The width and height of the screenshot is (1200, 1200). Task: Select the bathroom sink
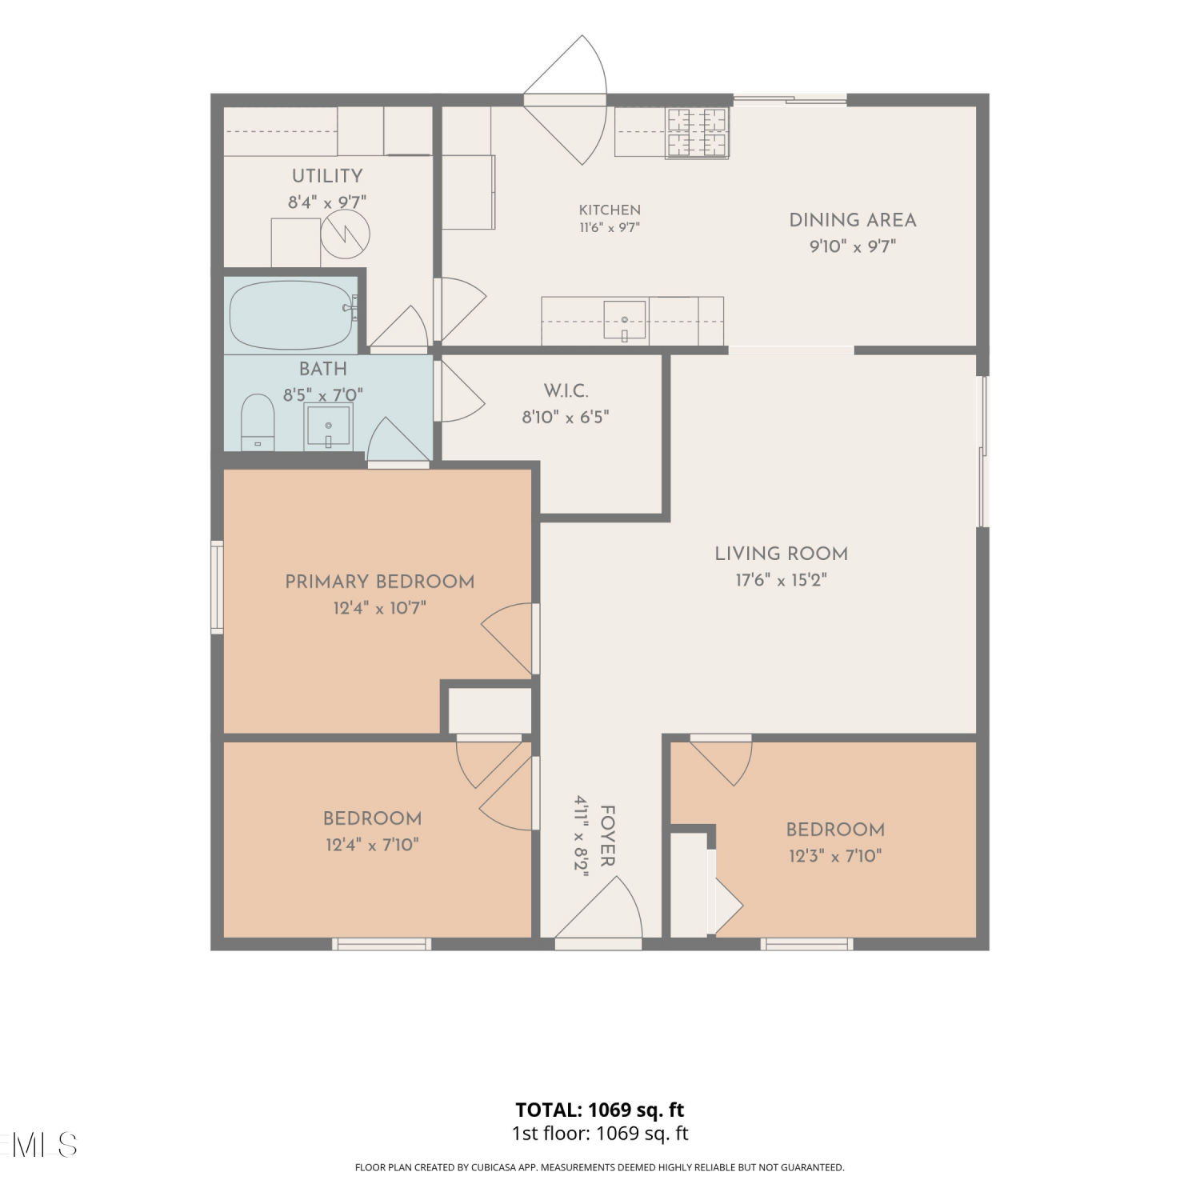(x=328, y=426)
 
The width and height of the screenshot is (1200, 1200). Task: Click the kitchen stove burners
(x=698, y=132)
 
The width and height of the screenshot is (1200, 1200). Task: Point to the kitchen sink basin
(x=625, y=320)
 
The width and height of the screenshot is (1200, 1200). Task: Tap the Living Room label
(x=781, y=554)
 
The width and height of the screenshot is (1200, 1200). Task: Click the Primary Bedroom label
(x=380, y=582)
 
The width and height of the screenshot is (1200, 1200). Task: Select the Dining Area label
(x=853, y=220)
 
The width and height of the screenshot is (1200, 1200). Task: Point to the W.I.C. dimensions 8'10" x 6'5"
(x=566, y=417)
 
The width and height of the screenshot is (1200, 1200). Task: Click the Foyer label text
(x=607, y=836)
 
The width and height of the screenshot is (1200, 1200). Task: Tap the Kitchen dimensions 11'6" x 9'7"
(x=610, y=227)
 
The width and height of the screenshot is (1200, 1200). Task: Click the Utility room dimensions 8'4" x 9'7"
(x=327, y=202)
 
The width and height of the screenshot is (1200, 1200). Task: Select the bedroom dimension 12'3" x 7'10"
(x=835, y=856)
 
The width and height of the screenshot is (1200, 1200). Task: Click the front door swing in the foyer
(x=599, y=908)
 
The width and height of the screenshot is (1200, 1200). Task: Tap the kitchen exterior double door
(x=566, y=100)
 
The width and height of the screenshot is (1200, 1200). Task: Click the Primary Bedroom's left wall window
(x=217, y=587)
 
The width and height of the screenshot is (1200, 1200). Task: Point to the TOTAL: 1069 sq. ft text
(x=600, y=1110)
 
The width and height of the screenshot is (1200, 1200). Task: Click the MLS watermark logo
(x=38, y=1145)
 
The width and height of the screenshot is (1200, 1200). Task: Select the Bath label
(x=323, y=369)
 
